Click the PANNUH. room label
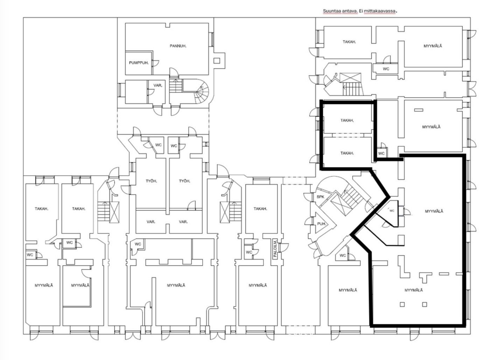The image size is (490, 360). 178,46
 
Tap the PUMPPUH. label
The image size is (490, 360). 139,63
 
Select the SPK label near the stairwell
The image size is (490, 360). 320,197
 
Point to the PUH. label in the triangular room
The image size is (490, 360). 322,224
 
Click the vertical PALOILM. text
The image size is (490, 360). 275,249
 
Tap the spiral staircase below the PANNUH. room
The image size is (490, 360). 200,91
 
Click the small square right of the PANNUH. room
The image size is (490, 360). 217,60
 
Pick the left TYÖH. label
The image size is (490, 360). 151,181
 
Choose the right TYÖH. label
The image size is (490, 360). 184,181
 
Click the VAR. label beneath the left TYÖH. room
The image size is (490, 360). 151,222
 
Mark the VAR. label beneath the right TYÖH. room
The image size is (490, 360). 183,222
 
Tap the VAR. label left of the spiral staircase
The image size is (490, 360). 158,85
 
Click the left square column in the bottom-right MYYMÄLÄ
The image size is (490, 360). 402,304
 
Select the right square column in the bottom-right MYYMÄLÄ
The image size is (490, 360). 424,304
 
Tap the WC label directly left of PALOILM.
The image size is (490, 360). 249,252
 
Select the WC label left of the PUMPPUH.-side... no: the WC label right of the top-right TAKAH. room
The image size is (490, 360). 386,69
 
